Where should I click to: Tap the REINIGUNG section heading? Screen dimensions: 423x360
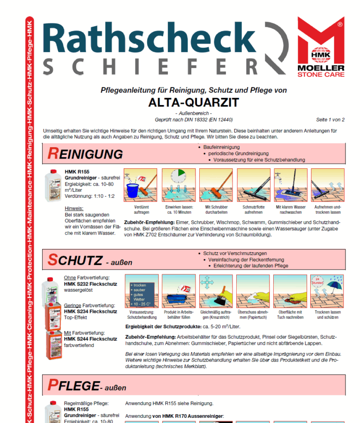86,153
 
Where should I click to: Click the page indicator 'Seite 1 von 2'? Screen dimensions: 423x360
330,120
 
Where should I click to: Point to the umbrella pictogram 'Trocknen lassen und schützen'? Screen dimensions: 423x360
328,291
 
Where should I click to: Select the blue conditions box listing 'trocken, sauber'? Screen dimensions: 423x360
142,291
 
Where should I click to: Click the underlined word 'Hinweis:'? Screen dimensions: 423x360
74,208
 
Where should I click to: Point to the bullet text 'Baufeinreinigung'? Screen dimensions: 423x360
221,147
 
